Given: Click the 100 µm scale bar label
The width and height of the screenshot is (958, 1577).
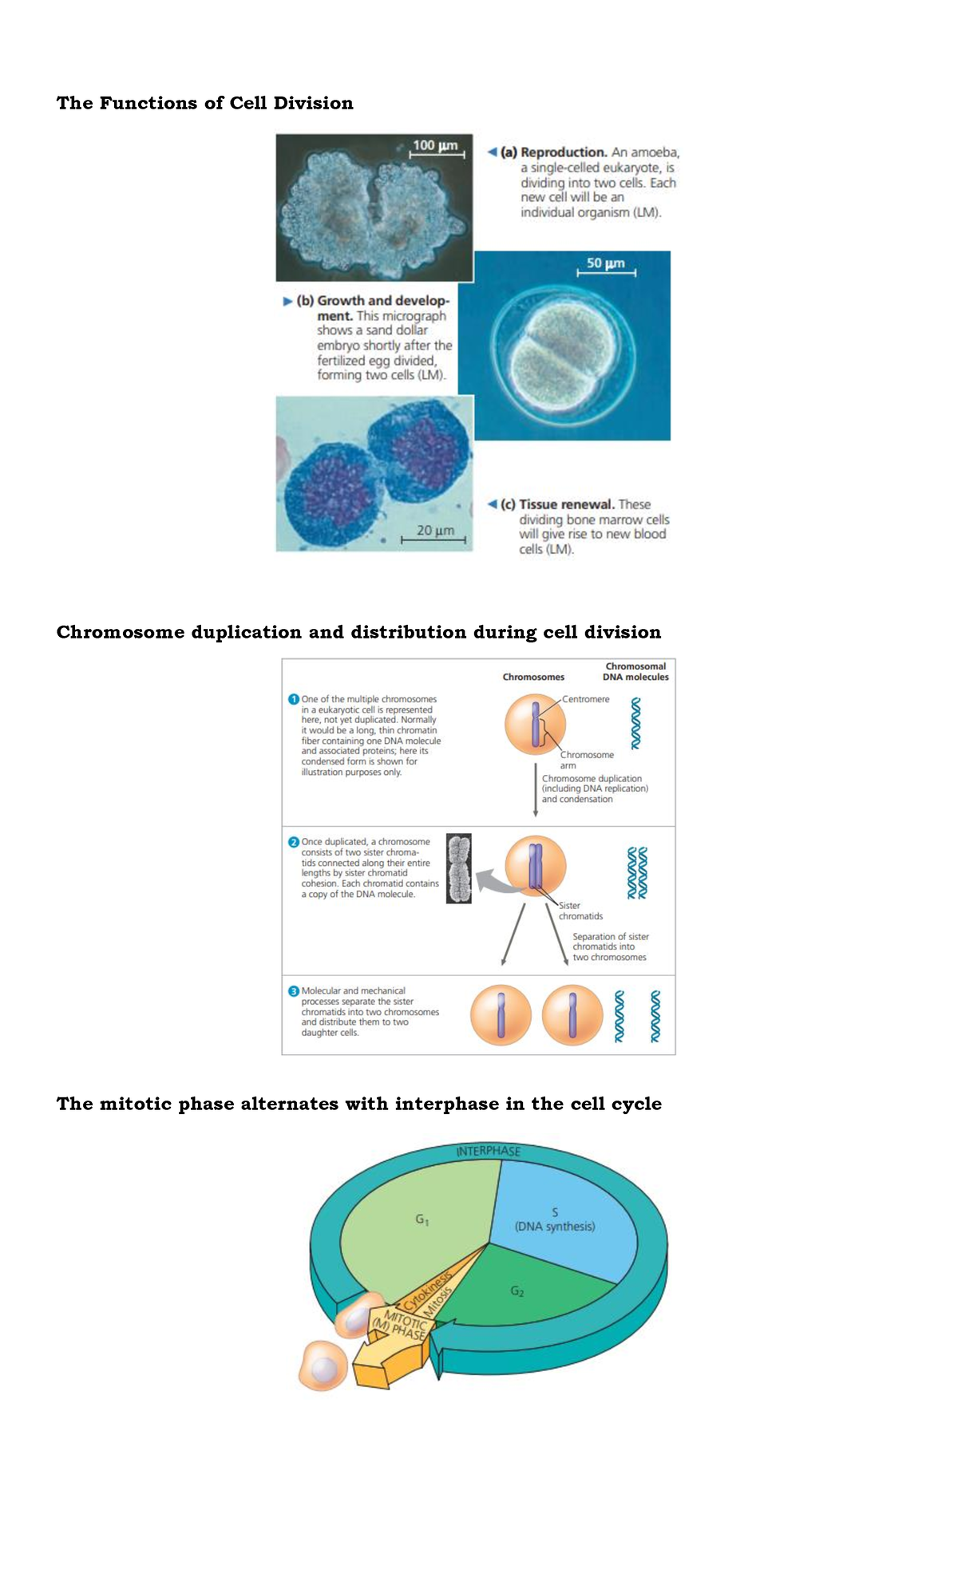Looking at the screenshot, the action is (x=435, y=145).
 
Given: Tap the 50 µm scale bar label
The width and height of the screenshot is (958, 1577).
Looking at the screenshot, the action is (x=605, y=263).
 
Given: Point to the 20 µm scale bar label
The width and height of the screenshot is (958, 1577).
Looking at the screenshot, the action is (x=435, y=530).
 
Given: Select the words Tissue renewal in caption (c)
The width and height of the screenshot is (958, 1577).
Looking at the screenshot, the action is (x=567, y=504).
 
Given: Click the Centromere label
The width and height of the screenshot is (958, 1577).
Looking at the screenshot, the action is (x=585, y=699).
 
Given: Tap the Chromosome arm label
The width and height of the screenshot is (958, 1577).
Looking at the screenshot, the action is (x=586, y=760).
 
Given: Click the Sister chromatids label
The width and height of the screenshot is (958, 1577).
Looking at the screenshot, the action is (x=580, y=911).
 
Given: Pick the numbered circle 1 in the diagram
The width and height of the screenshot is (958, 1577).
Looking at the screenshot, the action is (x=293, y=699).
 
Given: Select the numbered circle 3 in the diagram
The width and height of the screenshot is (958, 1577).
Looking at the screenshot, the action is (x=293, y=991).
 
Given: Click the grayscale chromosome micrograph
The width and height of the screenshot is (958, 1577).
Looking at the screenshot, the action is (x=458, y=868).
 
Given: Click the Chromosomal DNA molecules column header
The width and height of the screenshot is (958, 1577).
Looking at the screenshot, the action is (x=635, y=671).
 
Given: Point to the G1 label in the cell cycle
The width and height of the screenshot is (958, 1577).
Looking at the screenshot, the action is (x=422, y=1219).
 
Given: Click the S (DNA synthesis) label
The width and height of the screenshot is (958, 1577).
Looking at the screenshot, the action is (x=555, y=1219).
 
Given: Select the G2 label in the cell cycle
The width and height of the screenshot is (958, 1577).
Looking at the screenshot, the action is (x=517, y=1291).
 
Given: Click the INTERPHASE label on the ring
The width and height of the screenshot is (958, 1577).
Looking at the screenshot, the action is (x=488, y=1151).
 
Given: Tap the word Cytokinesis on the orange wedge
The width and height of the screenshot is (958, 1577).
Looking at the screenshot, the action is (x=427, y=1290).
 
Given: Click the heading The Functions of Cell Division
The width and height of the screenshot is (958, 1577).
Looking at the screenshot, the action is (x=204, y=103).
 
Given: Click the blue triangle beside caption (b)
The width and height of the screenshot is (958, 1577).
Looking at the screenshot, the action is (x=287, y=302).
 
